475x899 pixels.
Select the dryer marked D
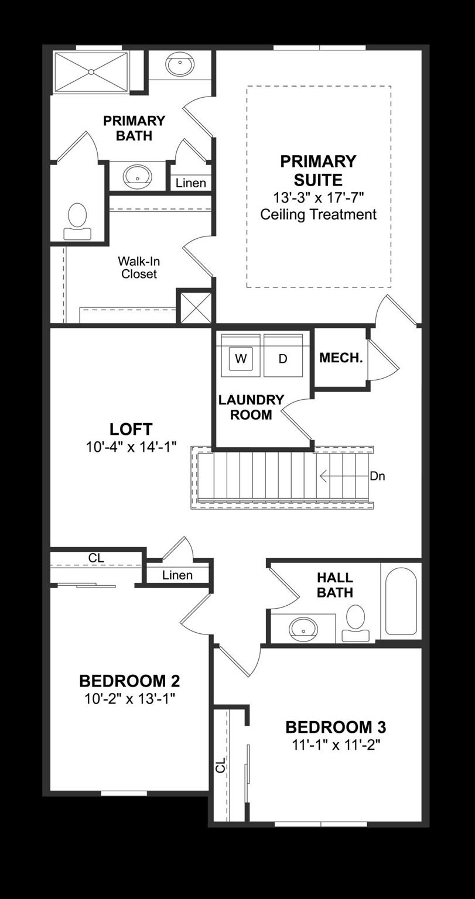(283, 358)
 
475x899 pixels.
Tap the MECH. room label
(341, 358)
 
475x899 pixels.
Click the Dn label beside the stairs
(377, 476)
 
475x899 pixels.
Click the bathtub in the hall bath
(401, 602)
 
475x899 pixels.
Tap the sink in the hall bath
(303, 629)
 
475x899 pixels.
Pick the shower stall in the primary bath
(91, 72)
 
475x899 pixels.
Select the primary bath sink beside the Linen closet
(138, 176)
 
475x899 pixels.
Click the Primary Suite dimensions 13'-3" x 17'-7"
(318, 197)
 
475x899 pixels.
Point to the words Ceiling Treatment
(318, 214)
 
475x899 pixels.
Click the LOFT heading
(131, 429)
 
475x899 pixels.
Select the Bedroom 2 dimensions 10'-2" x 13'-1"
(130, 698)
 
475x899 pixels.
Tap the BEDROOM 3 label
(336, 728)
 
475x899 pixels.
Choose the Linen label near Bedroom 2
(177, 575)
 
